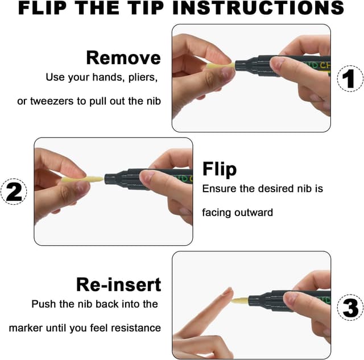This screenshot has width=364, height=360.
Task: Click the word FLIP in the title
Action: pyautogui.click(x=43, y=7)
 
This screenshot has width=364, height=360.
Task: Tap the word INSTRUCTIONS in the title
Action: pyautogui.click(x=258, y=7)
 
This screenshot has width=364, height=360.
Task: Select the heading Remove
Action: pyautogui.click(x=123, y=58)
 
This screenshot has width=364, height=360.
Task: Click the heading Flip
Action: pyautogui.click(x=220, y=169)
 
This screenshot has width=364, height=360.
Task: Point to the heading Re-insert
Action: pyautogui.click(x=118, y=284)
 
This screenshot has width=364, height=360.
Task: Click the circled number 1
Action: pyautogui.click(x=350, y=78)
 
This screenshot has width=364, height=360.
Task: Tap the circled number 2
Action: pyautogui.click(x=14, y=192)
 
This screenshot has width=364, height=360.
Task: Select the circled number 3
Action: pyautogui.click(x=350, y=307)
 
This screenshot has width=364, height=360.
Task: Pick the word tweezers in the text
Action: pyautogui.click(x=52, y=101)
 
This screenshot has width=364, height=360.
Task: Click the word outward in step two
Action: pyautogui.click(x=254, y=213)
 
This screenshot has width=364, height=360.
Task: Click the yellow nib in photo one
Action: pyautogui.click(x=221, y=65)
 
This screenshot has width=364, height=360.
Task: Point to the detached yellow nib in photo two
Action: pyautogui.click(x=82, y=179)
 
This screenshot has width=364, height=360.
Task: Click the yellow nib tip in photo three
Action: pyautogui.click(x=240, y=301)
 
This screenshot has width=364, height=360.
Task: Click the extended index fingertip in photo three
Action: pyautogui.click(x=228, y=291)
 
